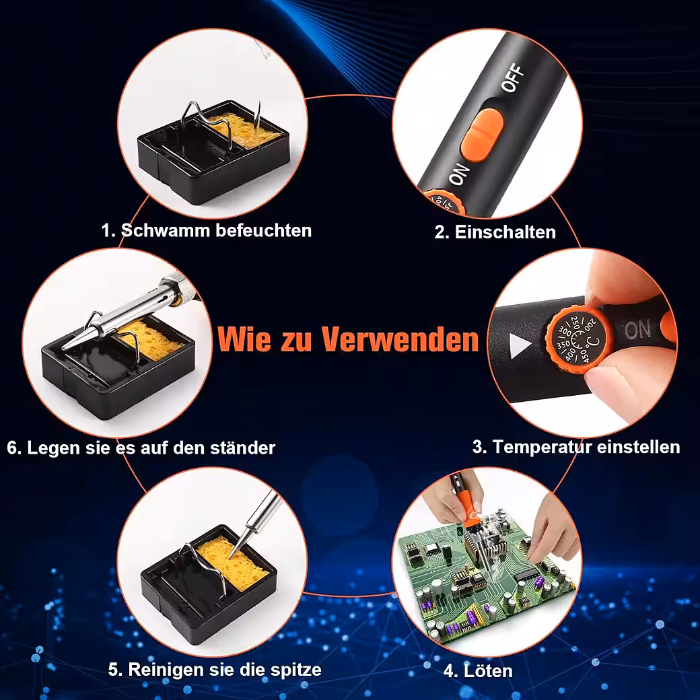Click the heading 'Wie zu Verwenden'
click(348, 339)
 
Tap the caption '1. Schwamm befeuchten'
click(206, 230)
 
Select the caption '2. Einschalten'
click(495, 232)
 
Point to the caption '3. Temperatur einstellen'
click(576, 447)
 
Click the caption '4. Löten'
click(478, 670)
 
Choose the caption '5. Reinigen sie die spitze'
click(215, 670)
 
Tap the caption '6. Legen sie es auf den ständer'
click(141, 448)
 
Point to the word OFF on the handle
click(512, 77)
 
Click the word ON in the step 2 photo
click(459, 174)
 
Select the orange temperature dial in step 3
click(580, 340)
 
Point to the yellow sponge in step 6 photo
click(152, 340)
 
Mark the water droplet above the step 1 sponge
click(263, 48)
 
